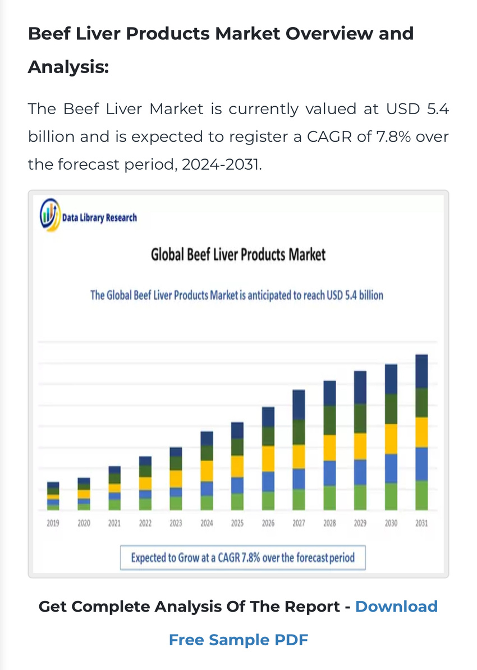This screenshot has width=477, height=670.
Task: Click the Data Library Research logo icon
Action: [49, 215]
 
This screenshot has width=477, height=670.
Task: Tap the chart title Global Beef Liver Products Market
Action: [238, 255]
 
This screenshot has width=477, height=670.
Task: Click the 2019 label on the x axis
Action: [53, 523]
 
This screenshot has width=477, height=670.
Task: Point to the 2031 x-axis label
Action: [421, 523]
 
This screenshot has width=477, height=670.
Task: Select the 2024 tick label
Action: [207, 523]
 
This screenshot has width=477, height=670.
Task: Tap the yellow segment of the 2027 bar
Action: [299, 456]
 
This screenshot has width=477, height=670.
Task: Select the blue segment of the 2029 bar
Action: [360, 472]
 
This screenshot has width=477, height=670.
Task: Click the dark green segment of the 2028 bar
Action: [329, 420]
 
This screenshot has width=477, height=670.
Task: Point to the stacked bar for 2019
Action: [53, 496]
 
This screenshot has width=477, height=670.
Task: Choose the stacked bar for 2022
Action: [145, 483]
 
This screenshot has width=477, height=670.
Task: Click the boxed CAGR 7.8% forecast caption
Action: [242, 558]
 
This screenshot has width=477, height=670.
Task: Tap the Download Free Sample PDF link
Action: [238, 640]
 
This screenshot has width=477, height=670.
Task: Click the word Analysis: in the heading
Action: [68, 67]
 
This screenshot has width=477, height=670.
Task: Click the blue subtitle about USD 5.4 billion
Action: [237, 295]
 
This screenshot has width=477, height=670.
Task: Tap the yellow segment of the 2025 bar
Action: [237, 466]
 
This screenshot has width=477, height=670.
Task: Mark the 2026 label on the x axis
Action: [268, 523]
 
